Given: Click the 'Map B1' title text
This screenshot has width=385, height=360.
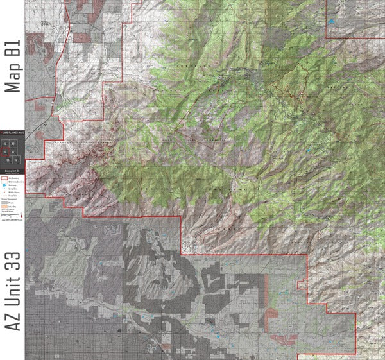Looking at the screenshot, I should click(x=13, y=67).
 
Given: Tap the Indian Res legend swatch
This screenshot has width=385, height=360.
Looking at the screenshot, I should click(x=4, y=207).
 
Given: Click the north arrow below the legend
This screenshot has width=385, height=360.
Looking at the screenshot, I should click(x=22, y=212).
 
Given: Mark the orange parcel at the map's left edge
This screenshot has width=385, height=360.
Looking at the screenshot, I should click(x=38, y=135).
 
